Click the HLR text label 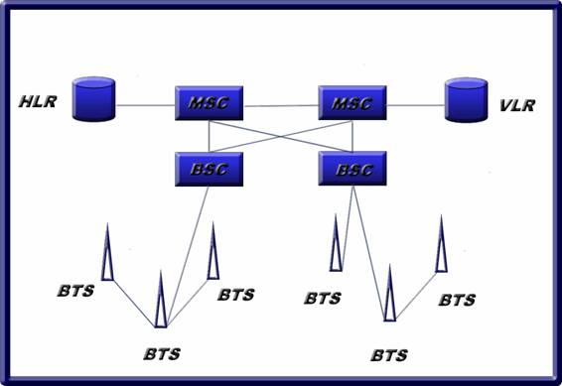click(38, 101)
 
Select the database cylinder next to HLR click(93, 99)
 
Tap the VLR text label click(517, 105)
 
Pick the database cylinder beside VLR click(466, 100)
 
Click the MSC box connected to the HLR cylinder click(209, 103)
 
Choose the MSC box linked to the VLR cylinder click(352, 103)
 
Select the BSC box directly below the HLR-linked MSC click(209, 169)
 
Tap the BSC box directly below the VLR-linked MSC click(352, 169)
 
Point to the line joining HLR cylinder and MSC click(145, 105)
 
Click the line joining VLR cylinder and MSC click(416, 105)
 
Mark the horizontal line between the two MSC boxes click(281, 106)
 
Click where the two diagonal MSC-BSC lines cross click(281, 136)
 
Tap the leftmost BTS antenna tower click(107, 252)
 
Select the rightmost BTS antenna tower click(441, 244)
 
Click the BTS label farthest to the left click(76, 291)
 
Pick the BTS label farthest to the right click(457, 300)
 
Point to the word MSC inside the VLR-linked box click(351, 103)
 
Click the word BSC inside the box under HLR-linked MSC click(209, 169)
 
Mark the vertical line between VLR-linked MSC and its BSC click(352, 136)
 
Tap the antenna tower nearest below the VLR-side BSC click(336, 243)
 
